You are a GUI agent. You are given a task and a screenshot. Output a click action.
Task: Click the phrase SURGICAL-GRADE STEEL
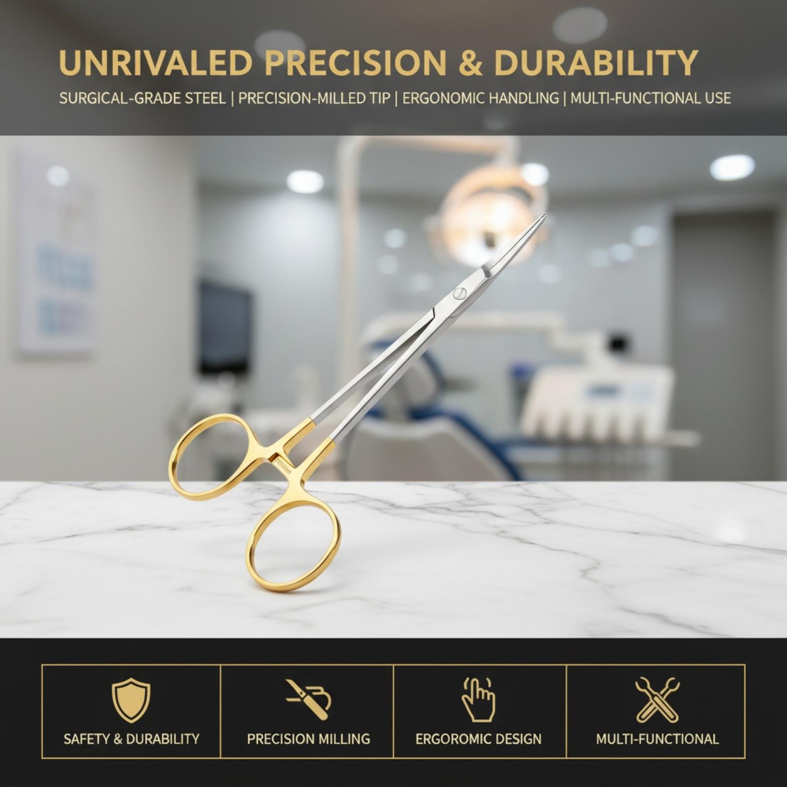coord(143,98)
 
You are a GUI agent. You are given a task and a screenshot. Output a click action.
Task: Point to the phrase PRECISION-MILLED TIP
coord(314,98)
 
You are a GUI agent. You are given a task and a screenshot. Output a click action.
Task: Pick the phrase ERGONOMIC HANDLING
coord(480,98)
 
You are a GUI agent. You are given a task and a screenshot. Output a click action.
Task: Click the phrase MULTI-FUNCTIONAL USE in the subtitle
coord(650,98)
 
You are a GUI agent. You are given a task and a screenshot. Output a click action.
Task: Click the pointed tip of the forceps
coord(544,216)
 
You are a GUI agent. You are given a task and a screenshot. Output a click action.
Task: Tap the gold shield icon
coord(131,700)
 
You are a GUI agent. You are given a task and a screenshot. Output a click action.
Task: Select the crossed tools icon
coord(657,700)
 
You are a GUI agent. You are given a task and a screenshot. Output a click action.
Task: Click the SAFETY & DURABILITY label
coord(131,739)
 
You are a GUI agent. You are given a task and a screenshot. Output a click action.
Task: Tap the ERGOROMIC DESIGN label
coord(479,739)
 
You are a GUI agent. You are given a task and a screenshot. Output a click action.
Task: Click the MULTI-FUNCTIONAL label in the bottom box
coord(657,739)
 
